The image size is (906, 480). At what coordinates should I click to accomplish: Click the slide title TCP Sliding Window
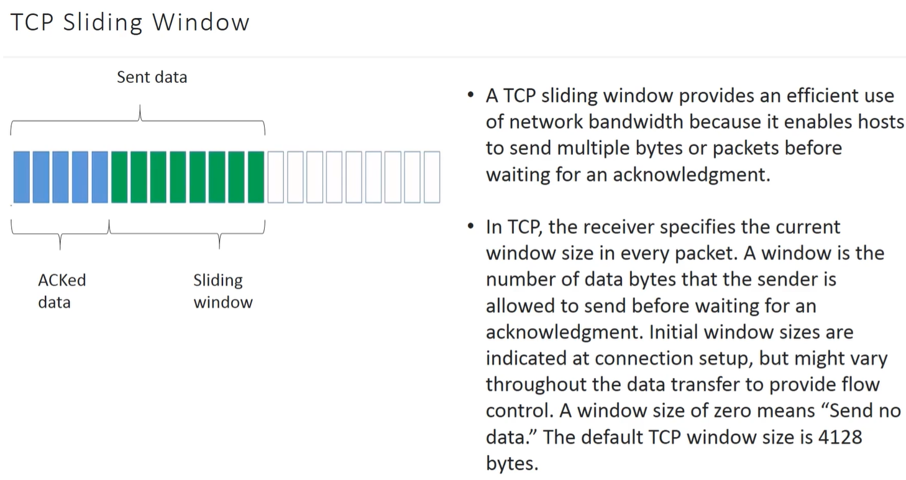130,22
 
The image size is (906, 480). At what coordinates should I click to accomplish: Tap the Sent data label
152,77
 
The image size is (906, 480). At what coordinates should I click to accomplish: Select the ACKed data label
62,291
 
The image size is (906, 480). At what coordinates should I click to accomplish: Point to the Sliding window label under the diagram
223,291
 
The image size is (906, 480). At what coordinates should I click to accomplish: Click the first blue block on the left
21,177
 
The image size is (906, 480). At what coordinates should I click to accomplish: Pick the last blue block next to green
100,177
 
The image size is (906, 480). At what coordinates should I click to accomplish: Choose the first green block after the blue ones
119,177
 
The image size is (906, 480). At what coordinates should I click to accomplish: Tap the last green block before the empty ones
256,177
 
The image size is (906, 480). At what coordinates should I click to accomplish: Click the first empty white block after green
275,177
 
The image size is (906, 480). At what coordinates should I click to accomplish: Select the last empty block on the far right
432,177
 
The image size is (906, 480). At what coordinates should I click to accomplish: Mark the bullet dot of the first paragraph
470,96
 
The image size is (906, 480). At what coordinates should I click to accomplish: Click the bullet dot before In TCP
470,226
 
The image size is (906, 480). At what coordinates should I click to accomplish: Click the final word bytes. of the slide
512,463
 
